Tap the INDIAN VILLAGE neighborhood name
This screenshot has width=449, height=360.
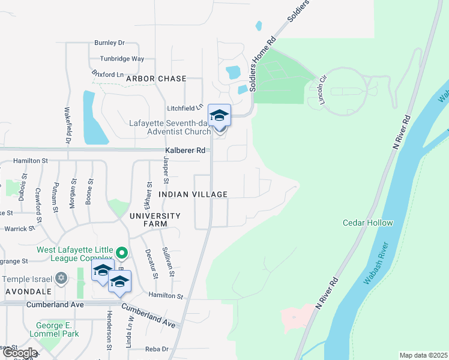[193, 194]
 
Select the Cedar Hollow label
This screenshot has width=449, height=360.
[368, 223]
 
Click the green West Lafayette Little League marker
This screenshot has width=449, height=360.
[122, 254]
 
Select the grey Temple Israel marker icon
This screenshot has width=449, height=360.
[61, 278]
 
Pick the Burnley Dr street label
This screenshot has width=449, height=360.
[109, 43]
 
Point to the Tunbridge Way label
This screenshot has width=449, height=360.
[122, 59]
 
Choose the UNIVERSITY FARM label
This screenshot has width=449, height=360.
[154, 220]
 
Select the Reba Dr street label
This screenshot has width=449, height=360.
[157, 349]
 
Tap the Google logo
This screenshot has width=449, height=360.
[20, 353]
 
